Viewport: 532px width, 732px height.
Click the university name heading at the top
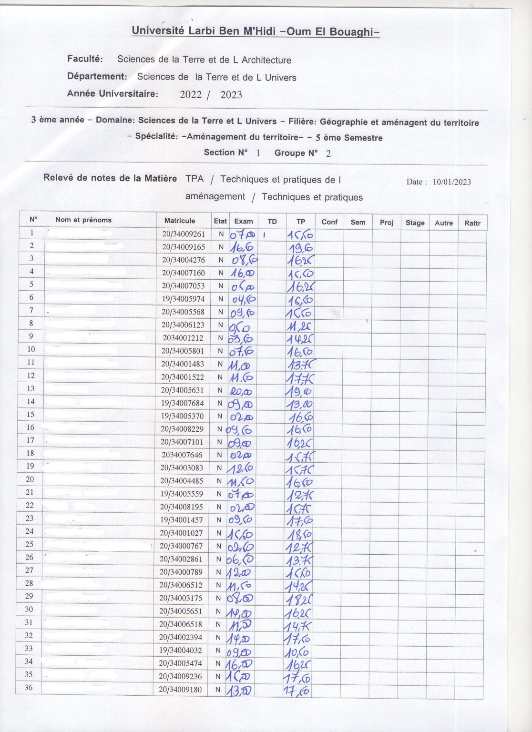[256, 31]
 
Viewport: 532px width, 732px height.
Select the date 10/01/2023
[451, 182]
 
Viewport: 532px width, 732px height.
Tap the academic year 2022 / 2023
[211, 94]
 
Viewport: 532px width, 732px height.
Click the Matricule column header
[179, 221]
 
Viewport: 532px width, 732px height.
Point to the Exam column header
[243, 221]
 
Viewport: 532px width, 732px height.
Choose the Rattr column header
[472, 223]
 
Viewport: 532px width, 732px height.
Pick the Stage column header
[415, 223]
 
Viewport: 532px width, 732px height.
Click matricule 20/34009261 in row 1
[183, 234]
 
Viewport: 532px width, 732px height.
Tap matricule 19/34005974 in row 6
[183, 299]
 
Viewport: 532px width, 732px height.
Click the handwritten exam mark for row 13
[242, 391]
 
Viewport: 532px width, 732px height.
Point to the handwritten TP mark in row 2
[300, 247]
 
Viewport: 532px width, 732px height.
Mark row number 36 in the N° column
[29, 687]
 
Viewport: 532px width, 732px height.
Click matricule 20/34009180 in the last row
[180, 689]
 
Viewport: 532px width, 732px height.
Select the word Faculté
[85, 59]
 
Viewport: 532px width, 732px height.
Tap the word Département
[97, 76]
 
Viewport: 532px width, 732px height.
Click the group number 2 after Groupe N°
[328, 153]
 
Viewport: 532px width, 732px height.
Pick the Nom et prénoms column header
[83, 220]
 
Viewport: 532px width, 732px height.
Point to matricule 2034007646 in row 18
[182, 455]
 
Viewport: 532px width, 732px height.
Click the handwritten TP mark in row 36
[297, 691]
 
